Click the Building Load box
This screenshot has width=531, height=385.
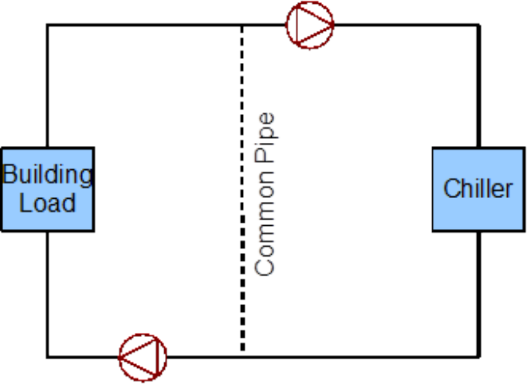(x=47, y=189)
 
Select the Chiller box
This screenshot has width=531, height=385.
(x=478, y=189)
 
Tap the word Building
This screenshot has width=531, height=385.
(x=47, y=175)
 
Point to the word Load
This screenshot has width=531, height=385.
(x=47, y=203)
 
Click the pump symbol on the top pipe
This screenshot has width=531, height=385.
(x=310, y=25)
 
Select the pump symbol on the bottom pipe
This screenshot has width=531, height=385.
(x=143, y=357)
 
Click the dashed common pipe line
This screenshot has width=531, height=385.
(x=242, y=189)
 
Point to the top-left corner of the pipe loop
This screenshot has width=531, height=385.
(x=47, y=25)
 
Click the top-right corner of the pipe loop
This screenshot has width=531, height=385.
(x=479, y=25)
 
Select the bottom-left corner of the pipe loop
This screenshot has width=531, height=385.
(x=47, y=357)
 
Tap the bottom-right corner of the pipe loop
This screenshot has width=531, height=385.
(x=479, y=357)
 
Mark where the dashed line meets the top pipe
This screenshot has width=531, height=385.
(x=242, y=25)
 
